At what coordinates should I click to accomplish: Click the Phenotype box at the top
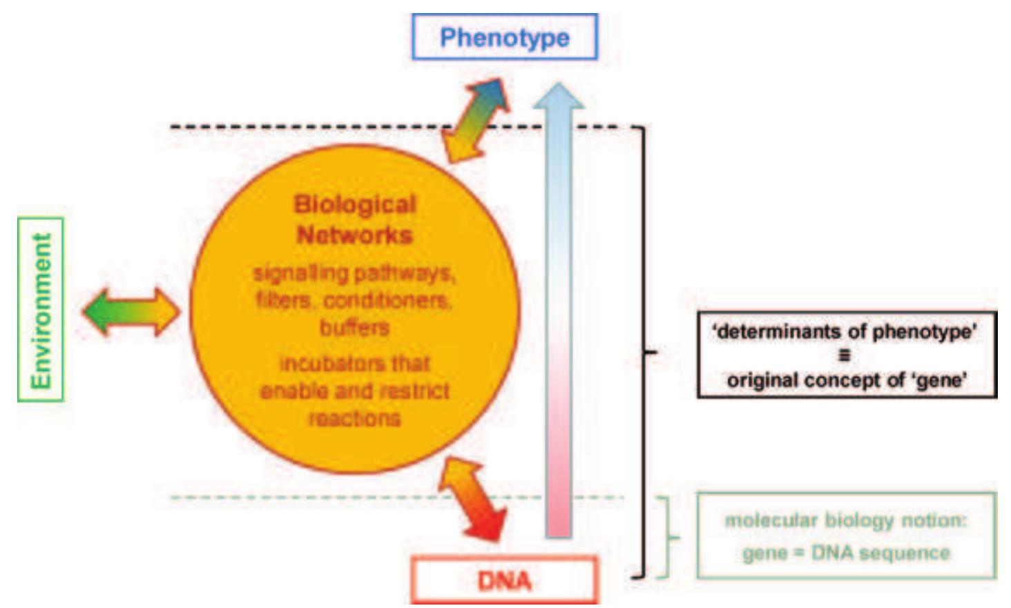coord(504,37)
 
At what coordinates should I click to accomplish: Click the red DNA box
coord(504,580)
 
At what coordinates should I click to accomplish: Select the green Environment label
coord(41,310)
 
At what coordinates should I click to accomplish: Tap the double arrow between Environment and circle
coord(131,312)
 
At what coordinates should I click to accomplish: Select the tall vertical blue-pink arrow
coord(559,311)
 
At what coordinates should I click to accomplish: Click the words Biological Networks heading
coord(354,219)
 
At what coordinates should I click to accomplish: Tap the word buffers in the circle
coord(354,328)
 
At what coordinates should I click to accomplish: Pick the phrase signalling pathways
coord(354,273)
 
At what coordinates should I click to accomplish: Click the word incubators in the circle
coord(316,363)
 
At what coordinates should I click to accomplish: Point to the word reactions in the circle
coord(354,418)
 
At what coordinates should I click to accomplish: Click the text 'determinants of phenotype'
coord(845,332)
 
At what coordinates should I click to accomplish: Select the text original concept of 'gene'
coord(846,380)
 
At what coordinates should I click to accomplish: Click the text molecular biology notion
coord(845,520)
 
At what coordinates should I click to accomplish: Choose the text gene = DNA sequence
coord(846,553)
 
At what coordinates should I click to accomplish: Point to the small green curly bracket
coord(668,537)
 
